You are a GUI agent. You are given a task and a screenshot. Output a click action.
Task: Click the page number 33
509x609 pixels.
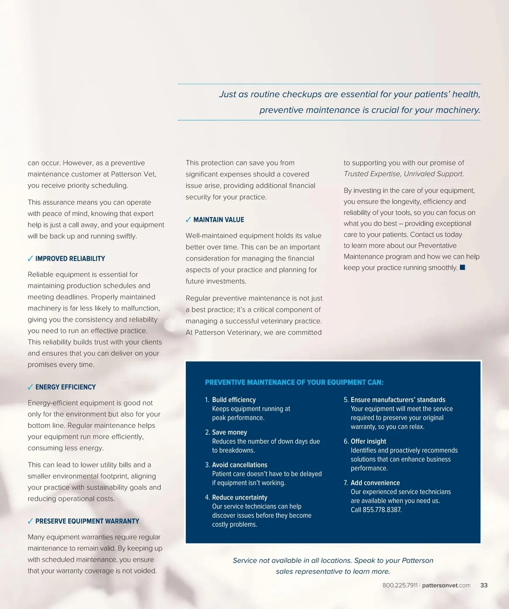pos(484,585)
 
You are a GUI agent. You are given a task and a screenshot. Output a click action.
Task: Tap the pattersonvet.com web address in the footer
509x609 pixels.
pos(446,585)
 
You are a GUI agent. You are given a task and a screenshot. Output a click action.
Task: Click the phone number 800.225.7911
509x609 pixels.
pos(400,585)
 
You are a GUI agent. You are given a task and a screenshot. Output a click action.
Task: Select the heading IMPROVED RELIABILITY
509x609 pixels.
pos(70,259)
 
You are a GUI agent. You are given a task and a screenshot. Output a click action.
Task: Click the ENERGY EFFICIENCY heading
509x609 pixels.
pos(65,387)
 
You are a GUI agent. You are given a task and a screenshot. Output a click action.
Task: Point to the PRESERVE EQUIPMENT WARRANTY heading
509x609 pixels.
pos(87,521)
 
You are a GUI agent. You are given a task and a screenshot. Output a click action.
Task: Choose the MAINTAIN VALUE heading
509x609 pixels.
pos(218,220)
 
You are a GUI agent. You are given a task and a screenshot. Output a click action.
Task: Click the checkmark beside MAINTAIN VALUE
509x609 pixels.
pos(188,220)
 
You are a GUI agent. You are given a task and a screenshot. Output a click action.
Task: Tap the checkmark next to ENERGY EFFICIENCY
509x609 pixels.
pos(30,387)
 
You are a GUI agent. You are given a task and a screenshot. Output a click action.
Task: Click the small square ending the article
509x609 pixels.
pos(462,267)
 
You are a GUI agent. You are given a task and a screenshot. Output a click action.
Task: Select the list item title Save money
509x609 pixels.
pos(229,432)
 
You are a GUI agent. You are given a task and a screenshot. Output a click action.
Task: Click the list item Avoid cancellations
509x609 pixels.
pos(240,465)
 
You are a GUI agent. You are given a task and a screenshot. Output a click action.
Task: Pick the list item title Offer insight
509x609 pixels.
pos(368,441)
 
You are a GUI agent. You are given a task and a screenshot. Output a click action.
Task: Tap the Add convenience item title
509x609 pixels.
pos(375,483)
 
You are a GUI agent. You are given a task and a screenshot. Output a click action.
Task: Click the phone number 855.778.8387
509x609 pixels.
pos(382,510)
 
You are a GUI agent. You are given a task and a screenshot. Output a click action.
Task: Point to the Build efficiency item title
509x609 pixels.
pos(234,399)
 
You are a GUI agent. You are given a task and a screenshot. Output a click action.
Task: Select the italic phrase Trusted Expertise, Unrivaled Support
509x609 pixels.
pos(404,174)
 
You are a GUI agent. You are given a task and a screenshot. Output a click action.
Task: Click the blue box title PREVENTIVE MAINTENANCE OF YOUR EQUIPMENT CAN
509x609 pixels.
pos(294,383)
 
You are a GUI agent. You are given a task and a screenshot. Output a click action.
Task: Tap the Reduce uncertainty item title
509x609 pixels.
pos(240,497)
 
